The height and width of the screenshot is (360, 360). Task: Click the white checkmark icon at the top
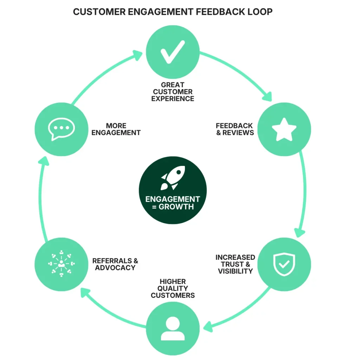click(x=173, y=52)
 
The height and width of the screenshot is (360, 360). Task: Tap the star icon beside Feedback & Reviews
click(x=284, y=129)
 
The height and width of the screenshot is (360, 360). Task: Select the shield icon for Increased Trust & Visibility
click(x=284, y=264)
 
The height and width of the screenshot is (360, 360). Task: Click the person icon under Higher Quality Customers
click(x=173, y=329)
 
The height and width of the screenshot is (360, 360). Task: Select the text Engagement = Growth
click(x=173, y=203)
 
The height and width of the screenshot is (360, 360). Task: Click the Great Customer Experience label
click(x=173, y=92)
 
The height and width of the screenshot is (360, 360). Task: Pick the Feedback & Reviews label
click(x=234, y=129)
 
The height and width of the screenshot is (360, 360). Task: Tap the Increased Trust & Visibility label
click(x=235, y=264)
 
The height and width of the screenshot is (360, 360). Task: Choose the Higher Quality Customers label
click(x=173, y=288)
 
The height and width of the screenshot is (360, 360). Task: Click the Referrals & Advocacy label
click(x=115, y=264)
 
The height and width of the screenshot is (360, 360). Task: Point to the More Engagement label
click(x=116, y=129)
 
